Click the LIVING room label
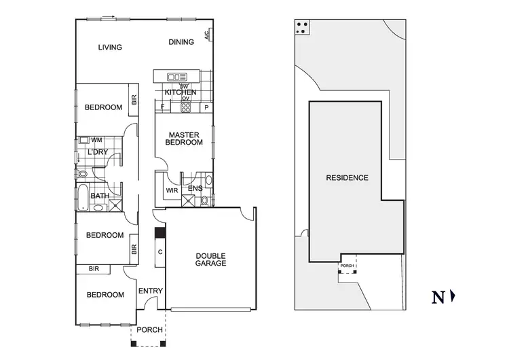coord(109,48)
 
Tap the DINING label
coord(181,42)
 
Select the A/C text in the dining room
coord(206,33)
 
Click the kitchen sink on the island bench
coord(176,77)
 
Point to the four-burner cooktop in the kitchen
coord(185,107)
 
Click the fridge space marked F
coord(163,107)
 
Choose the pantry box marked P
coord(206,107)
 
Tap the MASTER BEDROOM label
coord(185,139)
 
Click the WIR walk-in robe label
coord(172,191)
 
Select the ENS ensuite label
coord(195,189)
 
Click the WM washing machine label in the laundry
coord(96,140)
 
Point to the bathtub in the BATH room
coord(83,196)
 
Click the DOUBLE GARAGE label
coord(210,259)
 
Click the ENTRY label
coord(151,291)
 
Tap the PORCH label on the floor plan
coord(149,330)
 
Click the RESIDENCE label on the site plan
coord(347,178)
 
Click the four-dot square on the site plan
coord(303,27)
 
